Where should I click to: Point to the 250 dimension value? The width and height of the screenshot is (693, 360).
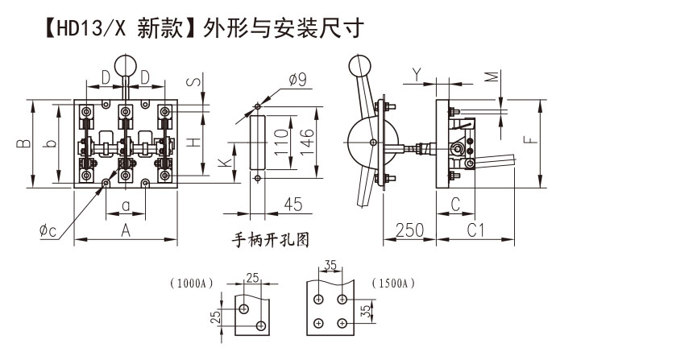pyautogui.click(x=410, y=230)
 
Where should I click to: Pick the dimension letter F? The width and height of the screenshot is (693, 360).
pyautogui.click(x=528, y=139)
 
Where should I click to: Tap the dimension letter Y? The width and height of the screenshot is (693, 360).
pyautogui.click(x=416, y=74)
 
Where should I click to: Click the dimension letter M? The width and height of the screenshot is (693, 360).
pyautogui.click(x=490, y=77)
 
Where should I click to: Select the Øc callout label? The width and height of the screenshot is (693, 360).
pyautogui.click(x=48, y=231)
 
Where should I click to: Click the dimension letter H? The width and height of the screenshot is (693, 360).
pyautogui.click(x=194, y=142)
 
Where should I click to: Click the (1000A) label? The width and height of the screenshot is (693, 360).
pyautogui.click(x=192, y=283)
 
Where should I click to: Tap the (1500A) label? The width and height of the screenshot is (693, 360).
pyautogui.click(x=393, y=283)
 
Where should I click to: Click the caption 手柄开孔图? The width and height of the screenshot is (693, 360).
pyautogui.click(x=271, y=239)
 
